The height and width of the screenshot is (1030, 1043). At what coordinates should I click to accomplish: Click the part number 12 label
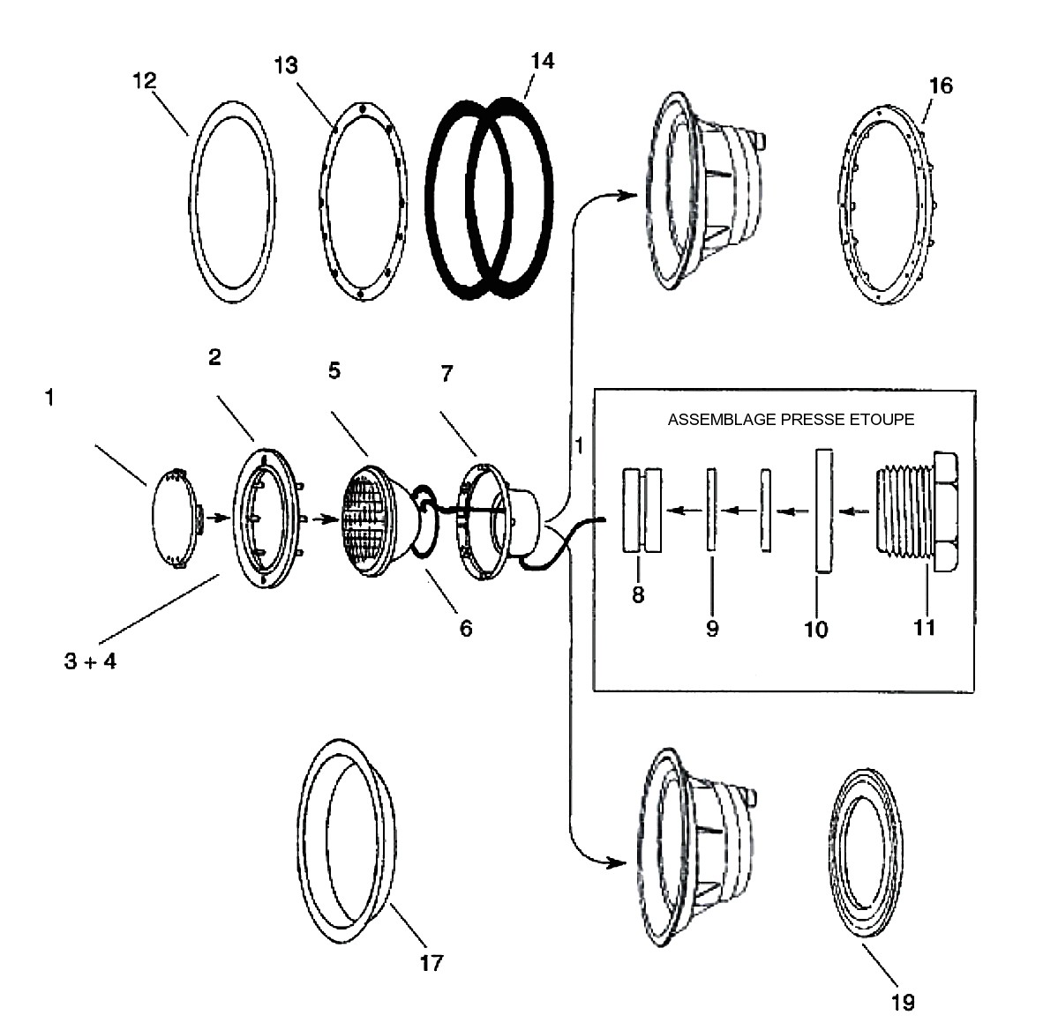pyautogui.click(x=145, y=81)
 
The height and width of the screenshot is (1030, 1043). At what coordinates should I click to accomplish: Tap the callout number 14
pyautogui.click(x=543, y=61)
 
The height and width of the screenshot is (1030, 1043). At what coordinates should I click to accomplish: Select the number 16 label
pyautogui.click(x=941, y=86)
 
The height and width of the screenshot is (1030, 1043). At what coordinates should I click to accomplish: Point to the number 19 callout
pyautogui.click(x=903, y=1002)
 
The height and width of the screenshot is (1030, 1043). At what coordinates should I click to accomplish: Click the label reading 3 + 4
pyautogui.click(x=91, y=661)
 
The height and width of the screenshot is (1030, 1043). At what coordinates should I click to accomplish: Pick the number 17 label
pyautogui.click(x=431, y=963)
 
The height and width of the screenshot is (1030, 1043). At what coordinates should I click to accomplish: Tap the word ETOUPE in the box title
pyautogui.click(x=882, y=420)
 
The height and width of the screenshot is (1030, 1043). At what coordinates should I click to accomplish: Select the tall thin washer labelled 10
pyautogui.click(x=824, y=511)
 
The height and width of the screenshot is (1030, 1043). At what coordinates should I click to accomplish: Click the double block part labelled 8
pyautogui.click(x=642, y=510)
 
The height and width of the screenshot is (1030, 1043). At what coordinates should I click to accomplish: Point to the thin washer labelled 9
pyautogui.click(x=711, y=510)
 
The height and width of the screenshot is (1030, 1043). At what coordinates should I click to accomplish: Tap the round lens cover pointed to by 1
pyautogui.click(x=174, y=518)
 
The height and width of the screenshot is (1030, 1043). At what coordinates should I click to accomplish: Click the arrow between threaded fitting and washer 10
pyautogui.click(x=854, y=512)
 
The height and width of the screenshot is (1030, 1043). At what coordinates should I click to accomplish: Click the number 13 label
pyautogui.click(x=286, y=66)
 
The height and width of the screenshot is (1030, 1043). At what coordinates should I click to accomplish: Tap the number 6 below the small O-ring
pyautogui.click(x=466, y=629)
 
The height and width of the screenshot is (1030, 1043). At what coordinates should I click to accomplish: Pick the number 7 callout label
pyautogui.click(x=447, y=374)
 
